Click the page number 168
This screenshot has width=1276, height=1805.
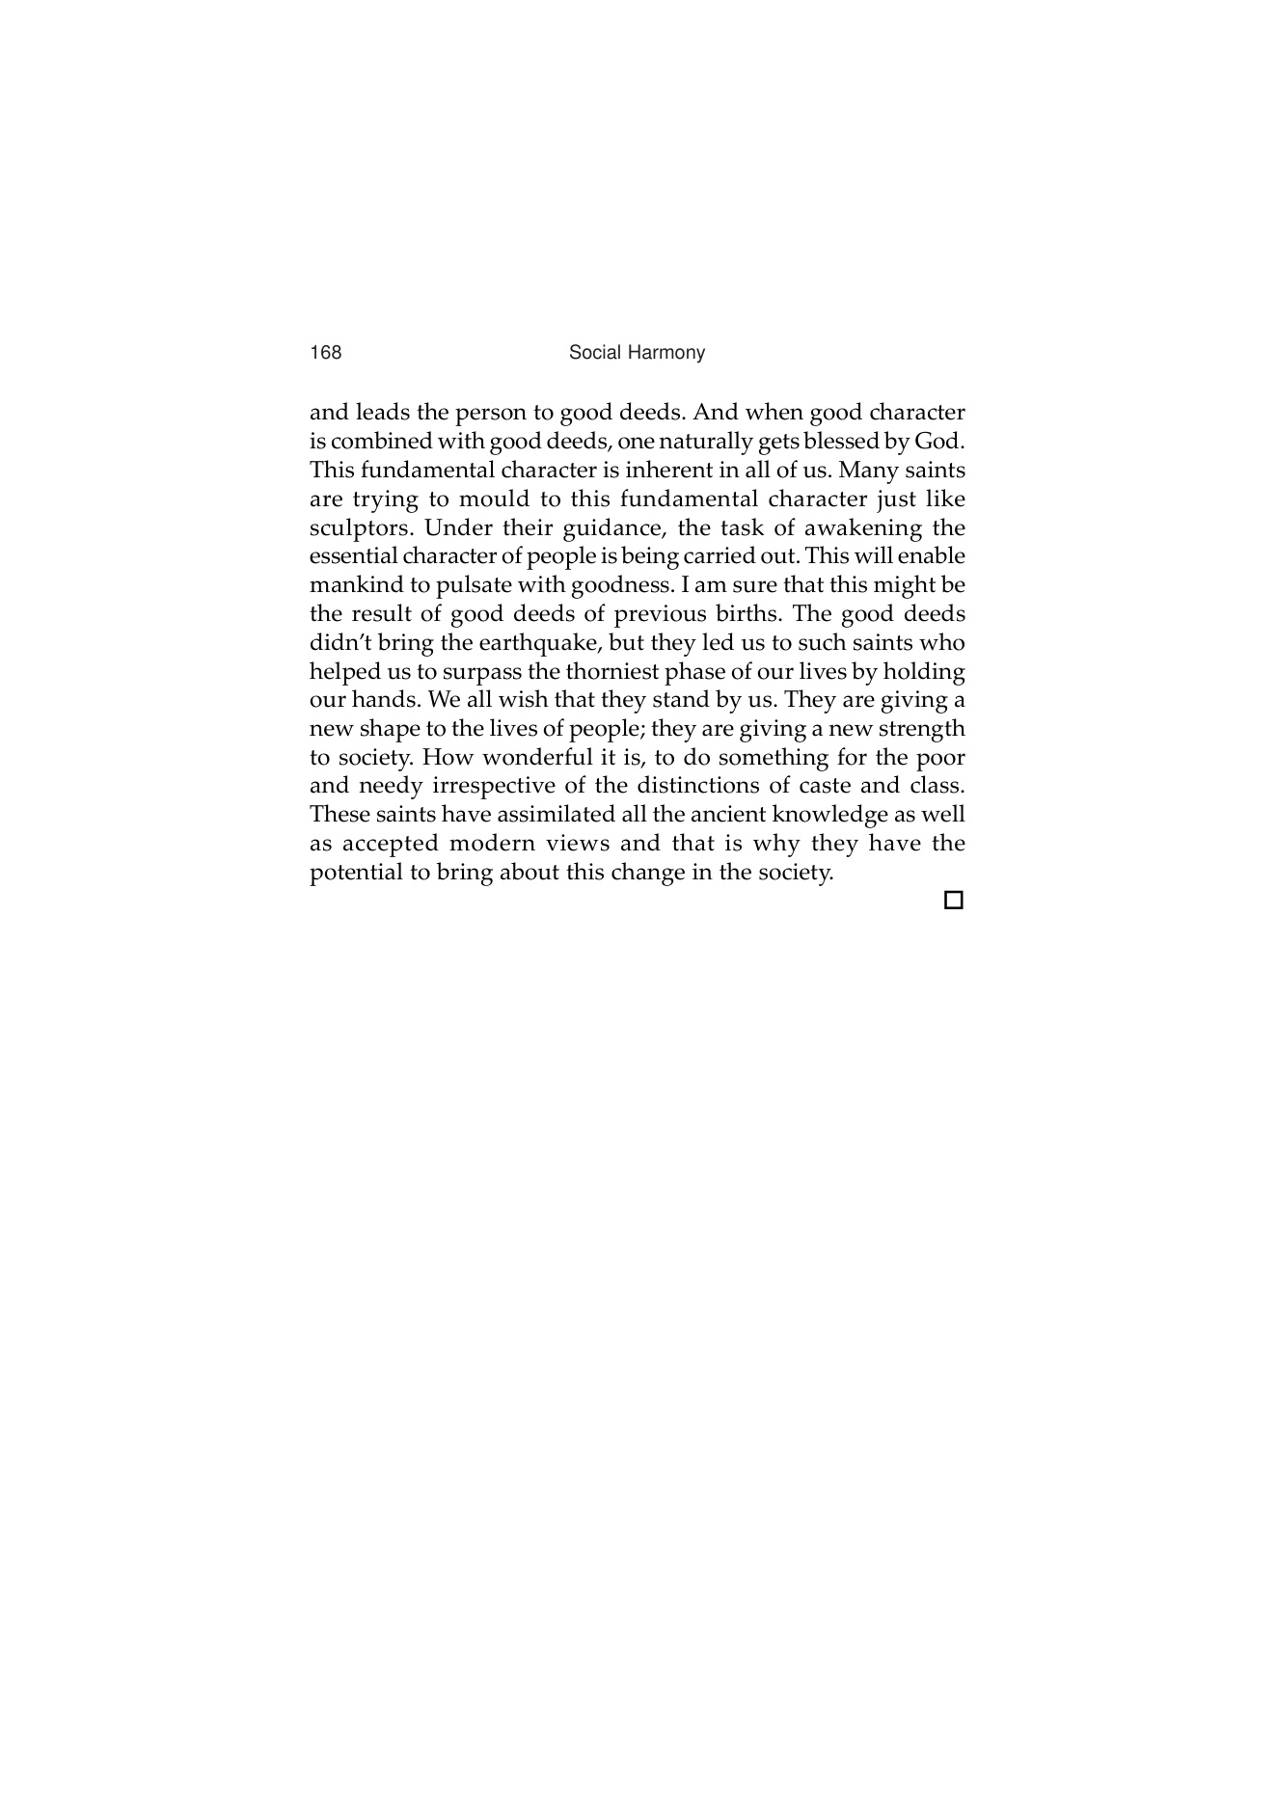325,353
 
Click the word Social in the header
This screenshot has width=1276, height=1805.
595,353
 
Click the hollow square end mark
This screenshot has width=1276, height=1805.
953,901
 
